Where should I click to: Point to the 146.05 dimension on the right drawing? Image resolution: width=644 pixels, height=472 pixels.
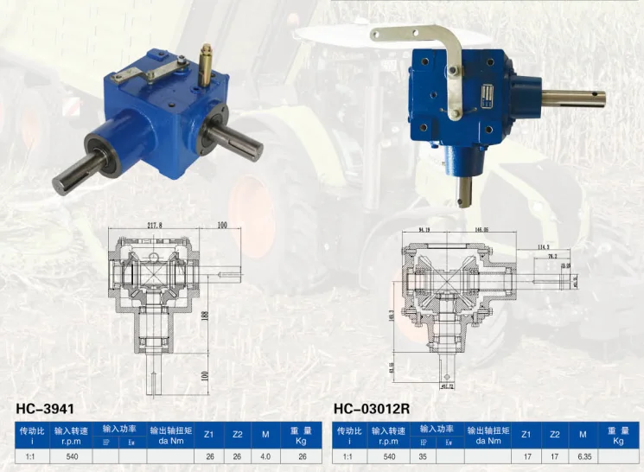click(481, 231)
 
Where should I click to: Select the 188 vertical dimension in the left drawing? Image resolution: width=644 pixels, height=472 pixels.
click(206, 316)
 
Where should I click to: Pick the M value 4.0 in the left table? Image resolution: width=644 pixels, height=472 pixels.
click(267, 455)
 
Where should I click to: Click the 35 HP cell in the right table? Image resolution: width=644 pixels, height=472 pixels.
click(424, 455)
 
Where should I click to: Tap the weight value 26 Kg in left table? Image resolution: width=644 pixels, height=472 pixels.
click(302, 455)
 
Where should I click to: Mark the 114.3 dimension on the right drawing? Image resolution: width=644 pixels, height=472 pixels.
click(544, 246)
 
